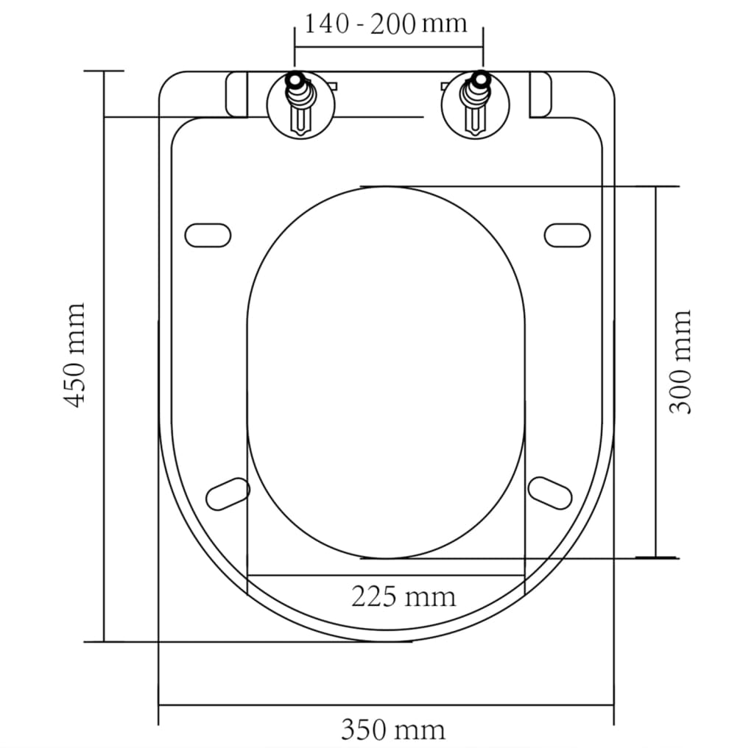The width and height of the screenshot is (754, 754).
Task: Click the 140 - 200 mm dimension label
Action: [x=386, y=24]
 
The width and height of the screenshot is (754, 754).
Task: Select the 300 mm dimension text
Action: [x=680, y=362]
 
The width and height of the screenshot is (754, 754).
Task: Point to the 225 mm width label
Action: [x=403, y=596]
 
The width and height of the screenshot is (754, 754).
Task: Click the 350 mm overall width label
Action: [x=392, y=730]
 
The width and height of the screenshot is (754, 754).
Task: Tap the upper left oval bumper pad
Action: [x=208, y=235]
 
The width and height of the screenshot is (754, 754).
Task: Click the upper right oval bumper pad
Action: [x=567, y=235]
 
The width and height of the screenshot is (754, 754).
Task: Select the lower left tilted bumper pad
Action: [x=228, y=493]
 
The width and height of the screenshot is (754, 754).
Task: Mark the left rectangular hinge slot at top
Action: [x=237, y=94]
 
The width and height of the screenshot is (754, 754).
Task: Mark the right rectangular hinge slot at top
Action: [x=540, y=94]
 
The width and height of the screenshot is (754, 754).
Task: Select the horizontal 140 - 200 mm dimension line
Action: [x=389, y=47]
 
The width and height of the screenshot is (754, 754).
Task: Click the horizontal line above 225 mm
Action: [x=386, y=574]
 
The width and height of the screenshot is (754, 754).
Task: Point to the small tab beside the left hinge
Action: [x=331, y=86]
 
